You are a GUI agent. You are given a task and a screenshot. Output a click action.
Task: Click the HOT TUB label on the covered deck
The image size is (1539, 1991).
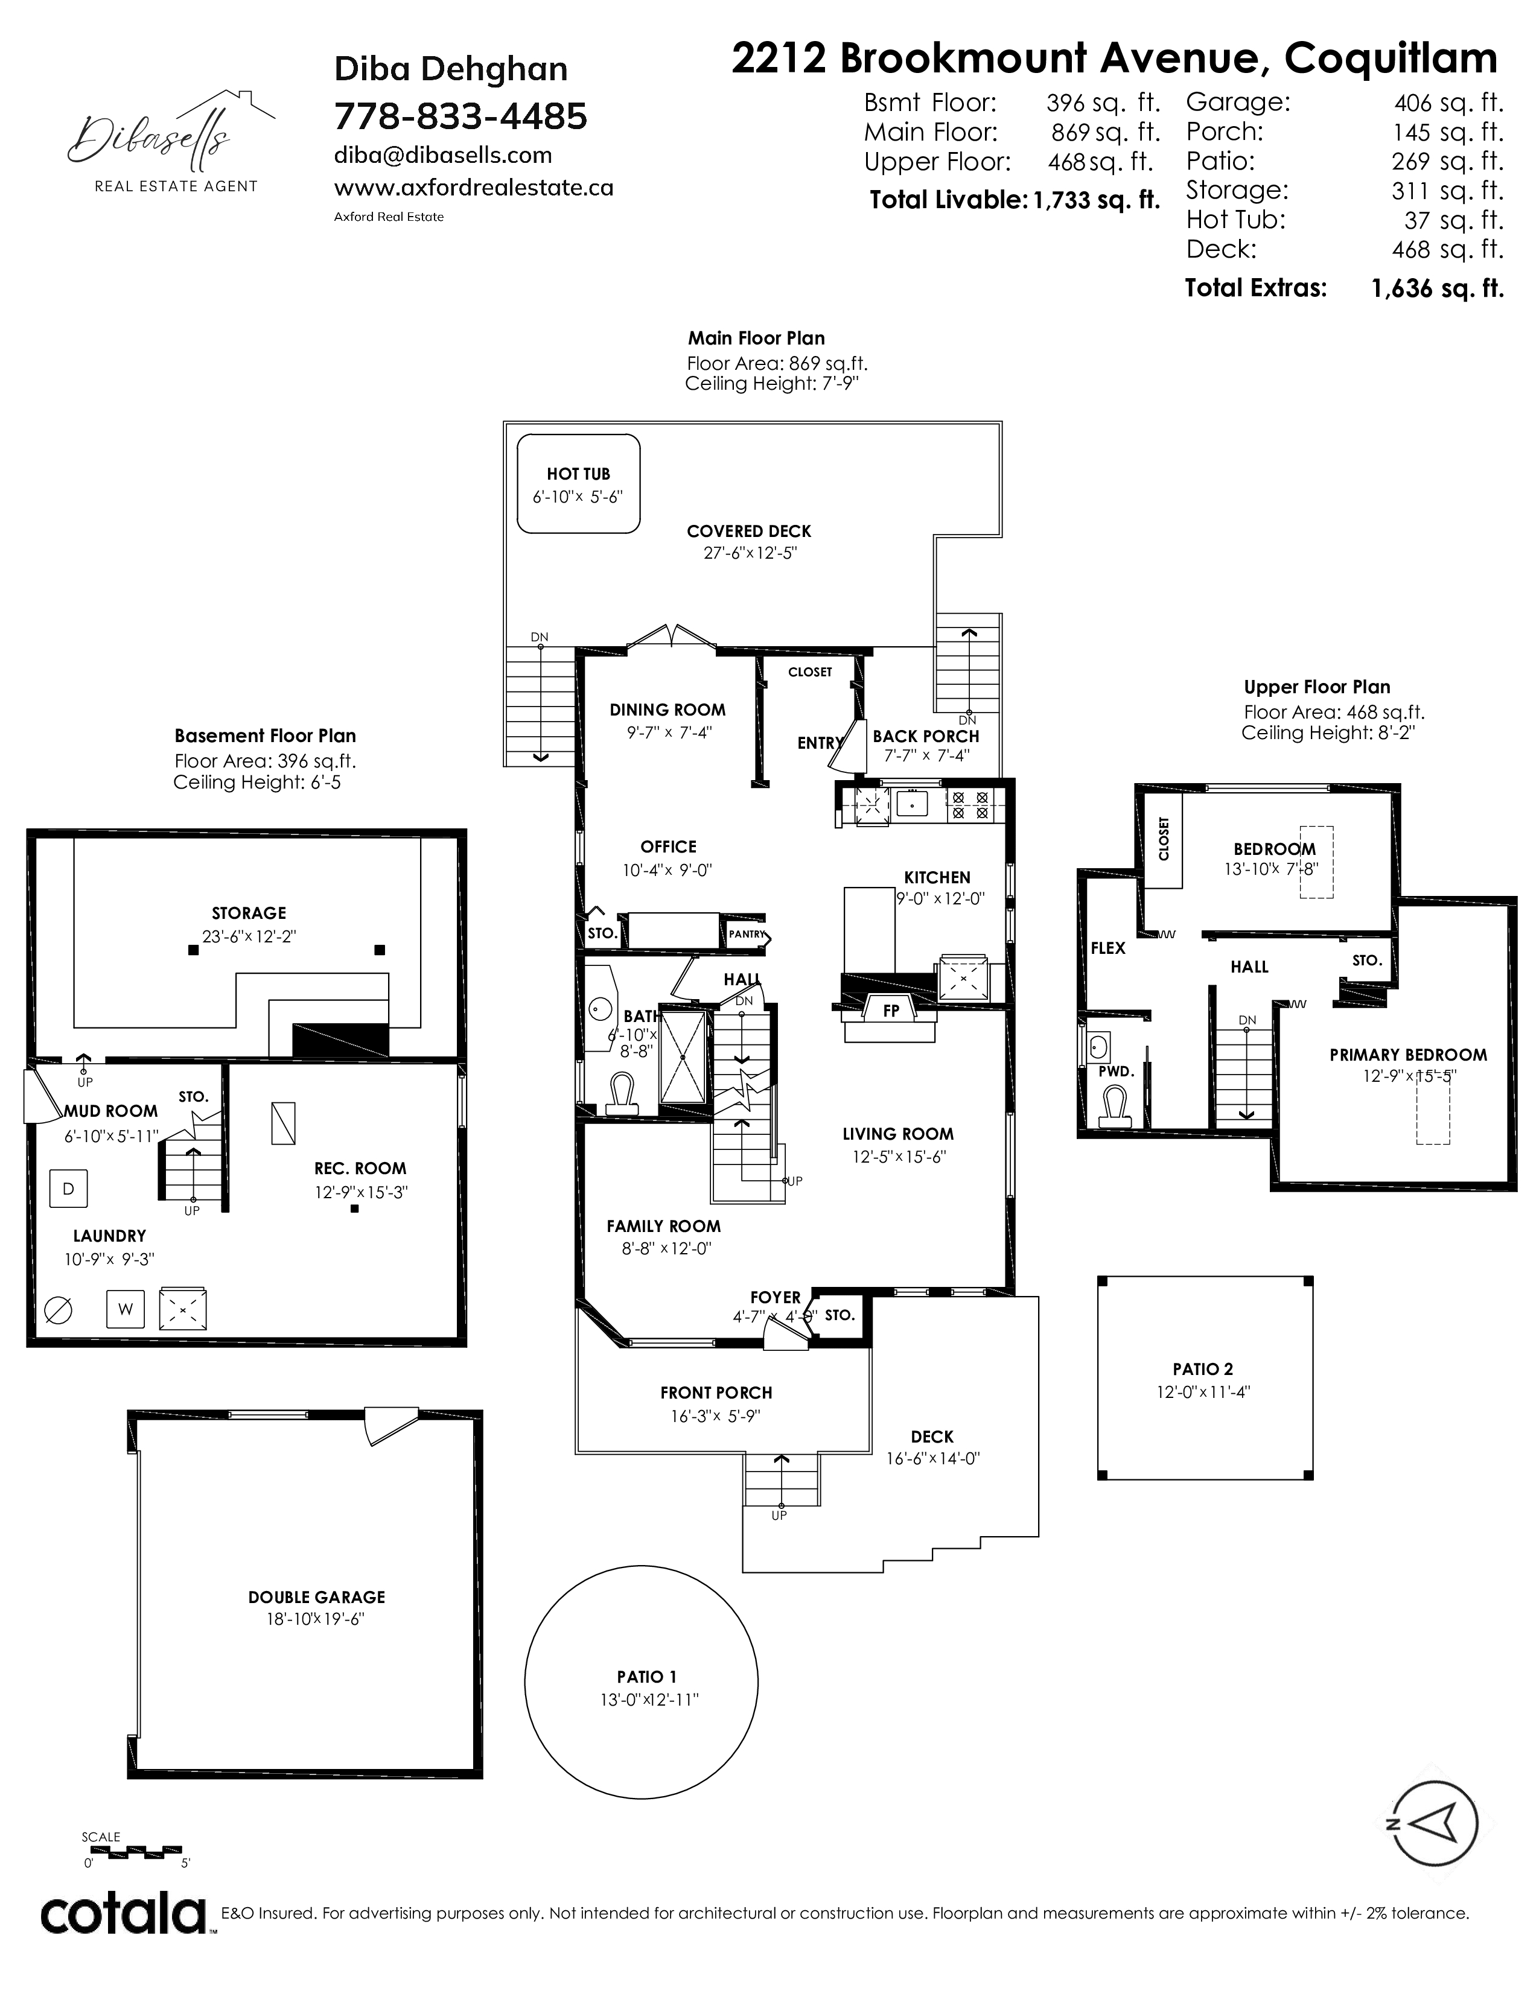tap(578, 474)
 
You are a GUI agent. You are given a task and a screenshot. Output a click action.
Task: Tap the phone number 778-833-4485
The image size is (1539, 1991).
tap(460, 116)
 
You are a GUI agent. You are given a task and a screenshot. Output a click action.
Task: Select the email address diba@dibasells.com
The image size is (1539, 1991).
tap(443, 155)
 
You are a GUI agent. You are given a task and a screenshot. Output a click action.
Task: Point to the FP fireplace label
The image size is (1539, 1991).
tap(891, 1010)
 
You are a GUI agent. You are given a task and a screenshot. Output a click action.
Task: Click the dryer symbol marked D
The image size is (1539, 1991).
tap(68, 1189)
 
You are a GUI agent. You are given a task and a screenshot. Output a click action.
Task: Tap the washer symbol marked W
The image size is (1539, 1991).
tap(125, 1310)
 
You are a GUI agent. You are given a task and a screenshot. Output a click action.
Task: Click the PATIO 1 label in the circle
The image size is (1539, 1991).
tap(646, 1677)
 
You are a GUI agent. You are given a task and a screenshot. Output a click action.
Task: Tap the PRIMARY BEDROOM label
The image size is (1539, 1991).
tap(1407, 1055)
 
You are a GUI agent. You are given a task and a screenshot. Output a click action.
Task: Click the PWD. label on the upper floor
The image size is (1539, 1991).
tap(1116, 1072)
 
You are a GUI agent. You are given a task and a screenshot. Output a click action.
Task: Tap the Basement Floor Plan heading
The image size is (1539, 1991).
tap(266, 735)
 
